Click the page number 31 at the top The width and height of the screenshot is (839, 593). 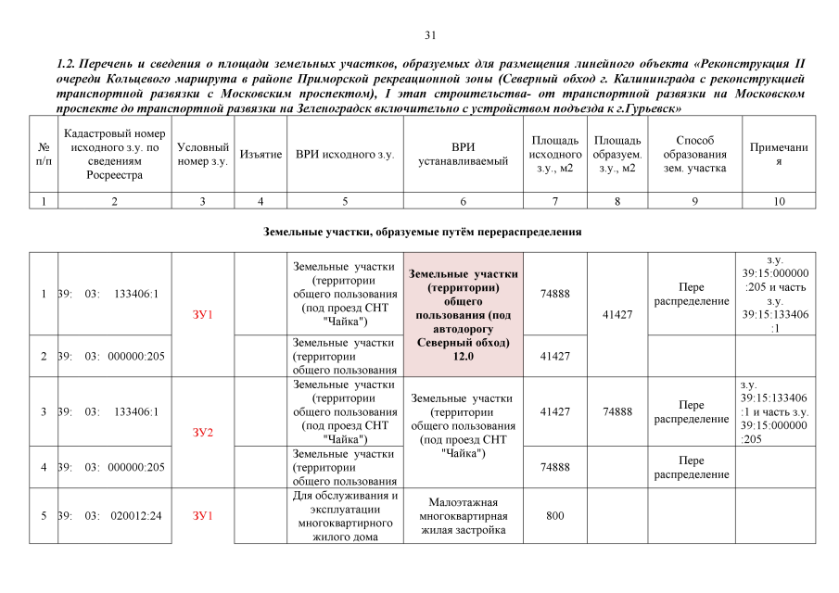pos(429,35)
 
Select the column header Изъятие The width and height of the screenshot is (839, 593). pos(261,154)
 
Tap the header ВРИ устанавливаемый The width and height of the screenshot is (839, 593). pos(463,154)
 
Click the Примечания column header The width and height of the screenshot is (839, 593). pos(778,154)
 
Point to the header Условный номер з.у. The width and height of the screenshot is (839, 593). pos(202,154)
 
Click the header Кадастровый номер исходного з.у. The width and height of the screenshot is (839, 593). pos(114,154)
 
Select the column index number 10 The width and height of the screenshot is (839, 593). pos(778,201)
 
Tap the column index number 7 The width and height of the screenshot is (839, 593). pos(555,201)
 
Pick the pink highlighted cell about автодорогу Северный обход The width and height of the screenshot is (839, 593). pos(463,314)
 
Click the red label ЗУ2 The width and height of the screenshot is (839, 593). pos(203,432)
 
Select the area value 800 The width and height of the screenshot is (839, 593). pos(555,515)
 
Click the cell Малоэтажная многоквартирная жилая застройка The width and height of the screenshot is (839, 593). pos(463,515)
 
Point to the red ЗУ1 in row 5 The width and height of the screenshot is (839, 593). pos(203,515)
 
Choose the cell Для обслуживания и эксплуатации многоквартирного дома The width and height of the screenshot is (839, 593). pos(344,515)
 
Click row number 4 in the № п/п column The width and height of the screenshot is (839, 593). pos(44,467)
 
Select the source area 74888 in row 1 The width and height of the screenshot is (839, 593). pos(555,294)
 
